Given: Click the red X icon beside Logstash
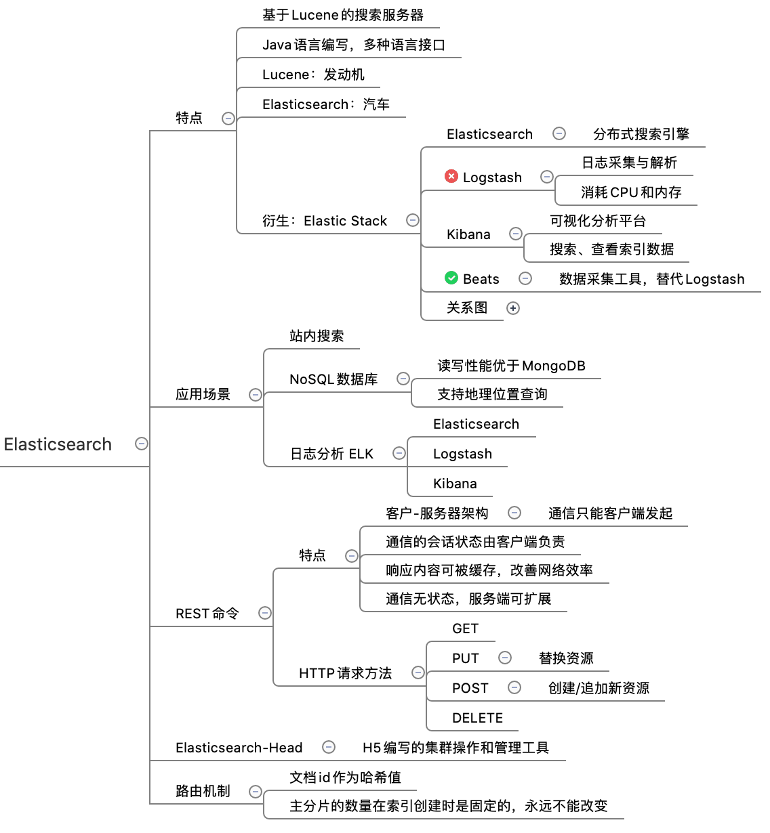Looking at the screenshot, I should tap(451, 176).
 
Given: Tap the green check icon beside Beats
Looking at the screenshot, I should tap(451, 278).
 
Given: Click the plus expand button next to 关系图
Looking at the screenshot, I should tap(514, 308).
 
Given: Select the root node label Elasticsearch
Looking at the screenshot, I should tap(58, 444).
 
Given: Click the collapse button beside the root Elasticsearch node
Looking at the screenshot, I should tap(142, 444).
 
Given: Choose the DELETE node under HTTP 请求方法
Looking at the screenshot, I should tap(477, 718).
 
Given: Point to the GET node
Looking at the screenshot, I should tap(465, 628).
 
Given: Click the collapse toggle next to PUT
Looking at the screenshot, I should tap(505, 658).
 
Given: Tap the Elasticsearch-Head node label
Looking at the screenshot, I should tap(239, 748).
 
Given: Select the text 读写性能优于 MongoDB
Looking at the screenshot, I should tap(511, 366).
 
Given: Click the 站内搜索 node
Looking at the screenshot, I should tap(317, 336).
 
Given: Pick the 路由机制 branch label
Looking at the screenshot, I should tap(203, 791).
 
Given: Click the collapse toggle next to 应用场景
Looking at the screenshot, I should tap(256, 395).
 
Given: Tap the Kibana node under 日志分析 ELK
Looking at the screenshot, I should tap(455, 484).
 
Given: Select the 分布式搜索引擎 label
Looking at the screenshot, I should tap(641, 134).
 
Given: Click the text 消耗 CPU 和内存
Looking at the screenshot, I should tap(631, 192).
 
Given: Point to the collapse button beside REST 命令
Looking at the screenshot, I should tap(265, 613).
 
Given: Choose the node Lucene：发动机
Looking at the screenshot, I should tap(313, 74).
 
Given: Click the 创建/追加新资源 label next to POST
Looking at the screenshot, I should tap(599, 688).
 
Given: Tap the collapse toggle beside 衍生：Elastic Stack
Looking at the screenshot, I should tap(413, 220).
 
